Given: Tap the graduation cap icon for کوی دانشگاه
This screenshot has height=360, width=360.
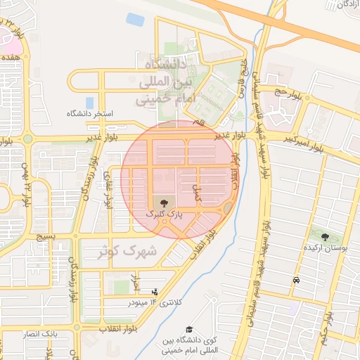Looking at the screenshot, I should point(188,329).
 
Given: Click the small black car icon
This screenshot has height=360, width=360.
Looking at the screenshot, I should point(295,281).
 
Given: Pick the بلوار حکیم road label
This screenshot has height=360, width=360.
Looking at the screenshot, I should point(326,330).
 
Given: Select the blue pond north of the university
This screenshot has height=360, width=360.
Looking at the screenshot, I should point(135,20).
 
